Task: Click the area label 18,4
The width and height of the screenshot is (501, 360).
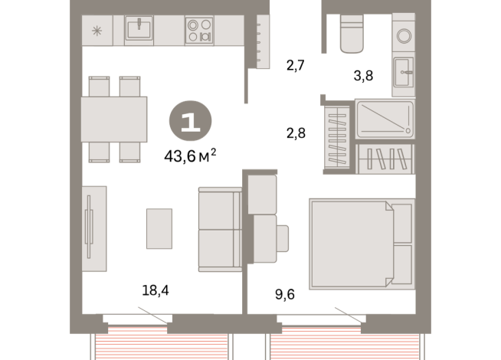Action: click(155, 290)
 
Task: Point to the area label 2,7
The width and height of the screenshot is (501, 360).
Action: click(296, 65)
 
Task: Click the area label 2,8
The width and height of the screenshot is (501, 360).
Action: click(296, 133)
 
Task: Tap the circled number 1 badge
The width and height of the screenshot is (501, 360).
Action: click(190, 123)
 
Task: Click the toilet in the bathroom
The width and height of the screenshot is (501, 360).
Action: click(351, 35)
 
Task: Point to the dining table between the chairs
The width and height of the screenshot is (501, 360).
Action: click(114, 119)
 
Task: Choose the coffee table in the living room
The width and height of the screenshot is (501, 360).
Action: click(159, 228)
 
